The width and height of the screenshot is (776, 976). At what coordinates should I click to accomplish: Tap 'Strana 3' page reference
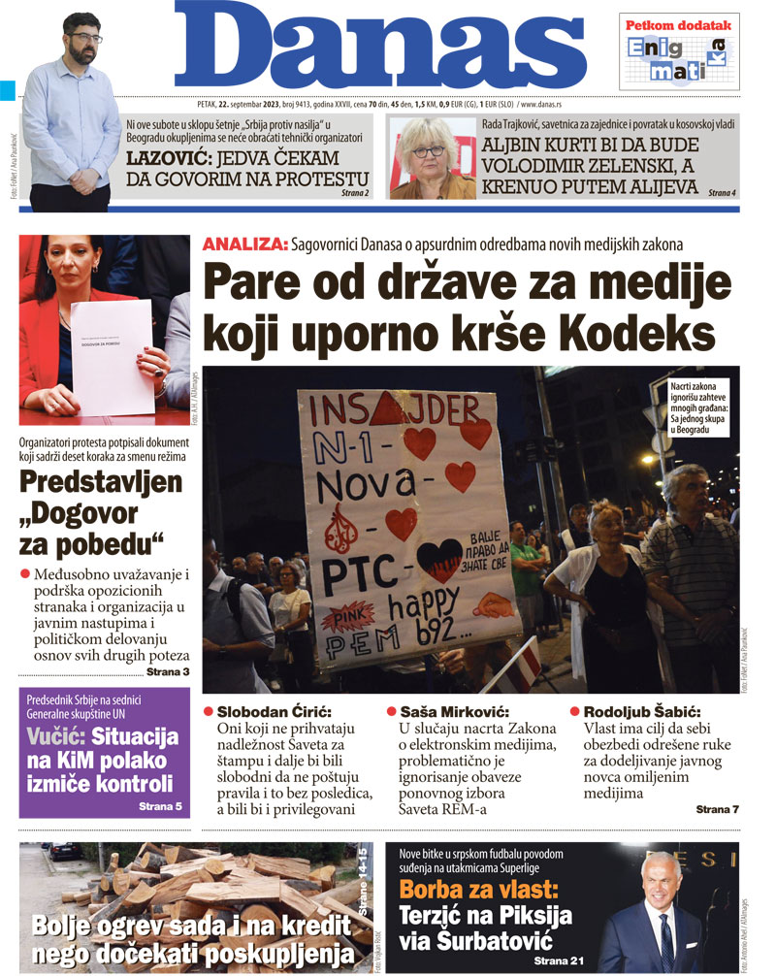point(168,671)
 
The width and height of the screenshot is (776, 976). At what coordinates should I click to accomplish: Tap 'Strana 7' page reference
point(718,808)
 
